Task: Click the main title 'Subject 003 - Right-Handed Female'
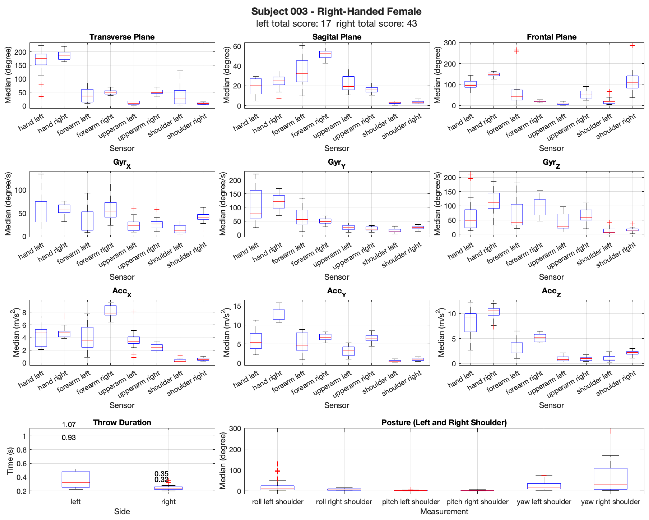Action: click(336, 11)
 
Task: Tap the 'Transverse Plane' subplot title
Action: click(122, 37)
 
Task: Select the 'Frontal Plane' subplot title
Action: click(551, 37)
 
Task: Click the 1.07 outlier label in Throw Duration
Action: click(69, 424)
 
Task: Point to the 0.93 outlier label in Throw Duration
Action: click(69, 437)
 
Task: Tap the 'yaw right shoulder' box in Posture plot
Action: click(610, 479)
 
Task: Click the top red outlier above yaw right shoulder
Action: click(610, 431)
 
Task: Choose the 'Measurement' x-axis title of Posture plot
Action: click(444, 512)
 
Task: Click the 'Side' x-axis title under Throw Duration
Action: click(122, 512)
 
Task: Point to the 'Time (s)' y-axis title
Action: click(10, 461)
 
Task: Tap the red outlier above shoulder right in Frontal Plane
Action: click(632, 45)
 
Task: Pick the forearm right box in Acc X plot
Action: click(110, 310)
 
